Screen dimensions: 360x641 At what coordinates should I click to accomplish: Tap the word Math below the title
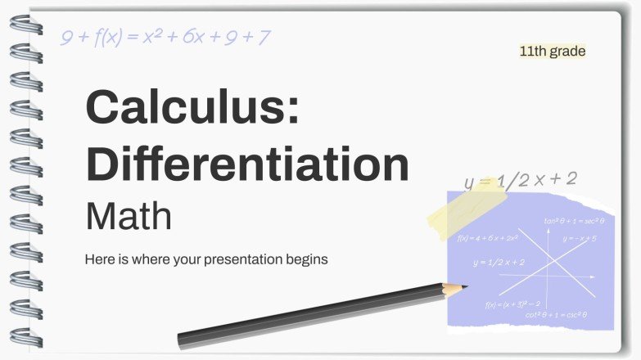click(129, 216)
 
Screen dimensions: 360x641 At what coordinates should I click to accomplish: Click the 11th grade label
click(553, 51)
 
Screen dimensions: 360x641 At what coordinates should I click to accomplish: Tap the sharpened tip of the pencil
click(464, 286)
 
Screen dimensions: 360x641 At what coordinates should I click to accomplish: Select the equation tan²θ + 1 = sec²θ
click(574, 221)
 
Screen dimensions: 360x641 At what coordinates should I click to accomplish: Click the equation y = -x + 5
click(579, 238)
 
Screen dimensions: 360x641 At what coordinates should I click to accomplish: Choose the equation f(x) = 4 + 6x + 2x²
click(488, 238)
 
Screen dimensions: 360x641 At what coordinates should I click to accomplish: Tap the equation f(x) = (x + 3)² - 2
click(512, 304)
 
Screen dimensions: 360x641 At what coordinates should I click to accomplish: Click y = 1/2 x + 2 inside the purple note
click(499, 262)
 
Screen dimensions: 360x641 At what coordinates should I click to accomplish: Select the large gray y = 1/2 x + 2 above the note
click(521, 181)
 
